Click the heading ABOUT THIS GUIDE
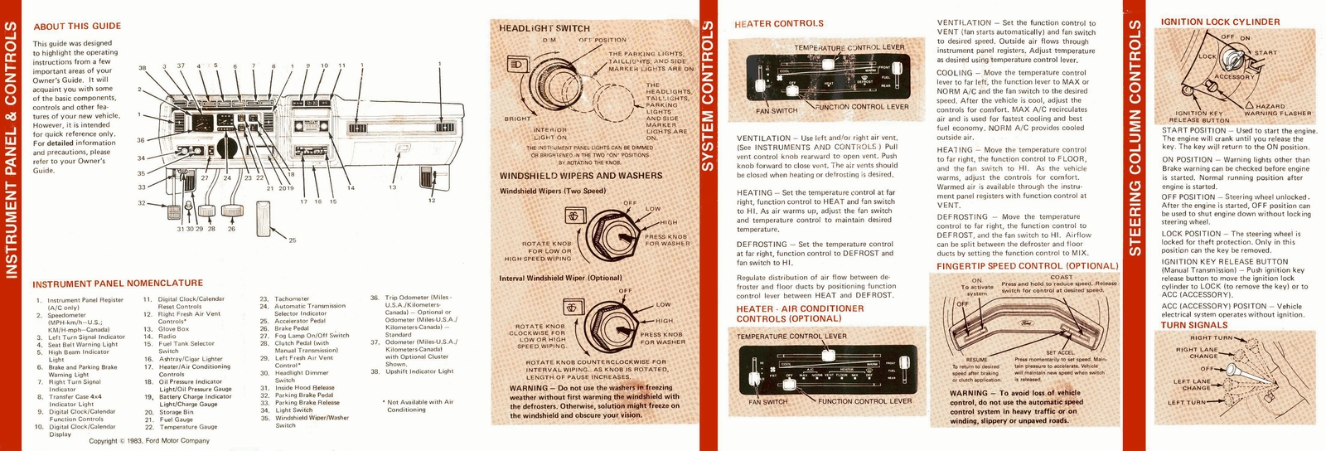pyautogui.click(x=77, y=27)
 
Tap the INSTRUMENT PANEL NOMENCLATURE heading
pyautogui.click(x=118, y=284)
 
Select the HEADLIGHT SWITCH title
pyautogui.click(x=544, y=28)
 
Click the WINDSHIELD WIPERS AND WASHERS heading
pyautogui.click(x=580, y=176)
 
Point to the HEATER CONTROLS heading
pyautogui.click(x=778, y=24)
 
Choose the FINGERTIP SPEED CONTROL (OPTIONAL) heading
pyautogui.click(x=1027, y=266)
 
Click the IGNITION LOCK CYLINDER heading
pyautogui.click(x=1220, y=22)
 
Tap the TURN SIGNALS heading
pyautogui.click(x=1194, y=325)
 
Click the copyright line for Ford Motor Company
pyautogui.click(x=149, y=441)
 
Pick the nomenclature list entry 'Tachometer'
pyautogui.click(x=292, y=298)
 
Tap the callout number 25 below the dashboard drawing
pyautogui.click(x=292, y=240)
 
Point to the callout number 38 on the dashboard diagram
pyautogui.click(x=142, y=68)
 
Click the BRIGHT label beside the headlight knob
pyautogui.click(x=517, y=119)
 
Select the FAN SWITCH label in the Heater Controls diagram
pyautogui.click(x=777, y=111)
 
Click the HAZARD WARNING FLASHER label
pyautogui.click(x=1277, y=109)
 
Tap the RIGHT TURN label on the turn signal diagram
pyautogui.click(x=1212, y=338)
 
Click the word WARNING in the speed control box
pyautogui.click(x=968, y=394)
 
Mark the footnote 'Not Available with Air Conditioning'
pyautogui.click(x=419, y=405)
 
